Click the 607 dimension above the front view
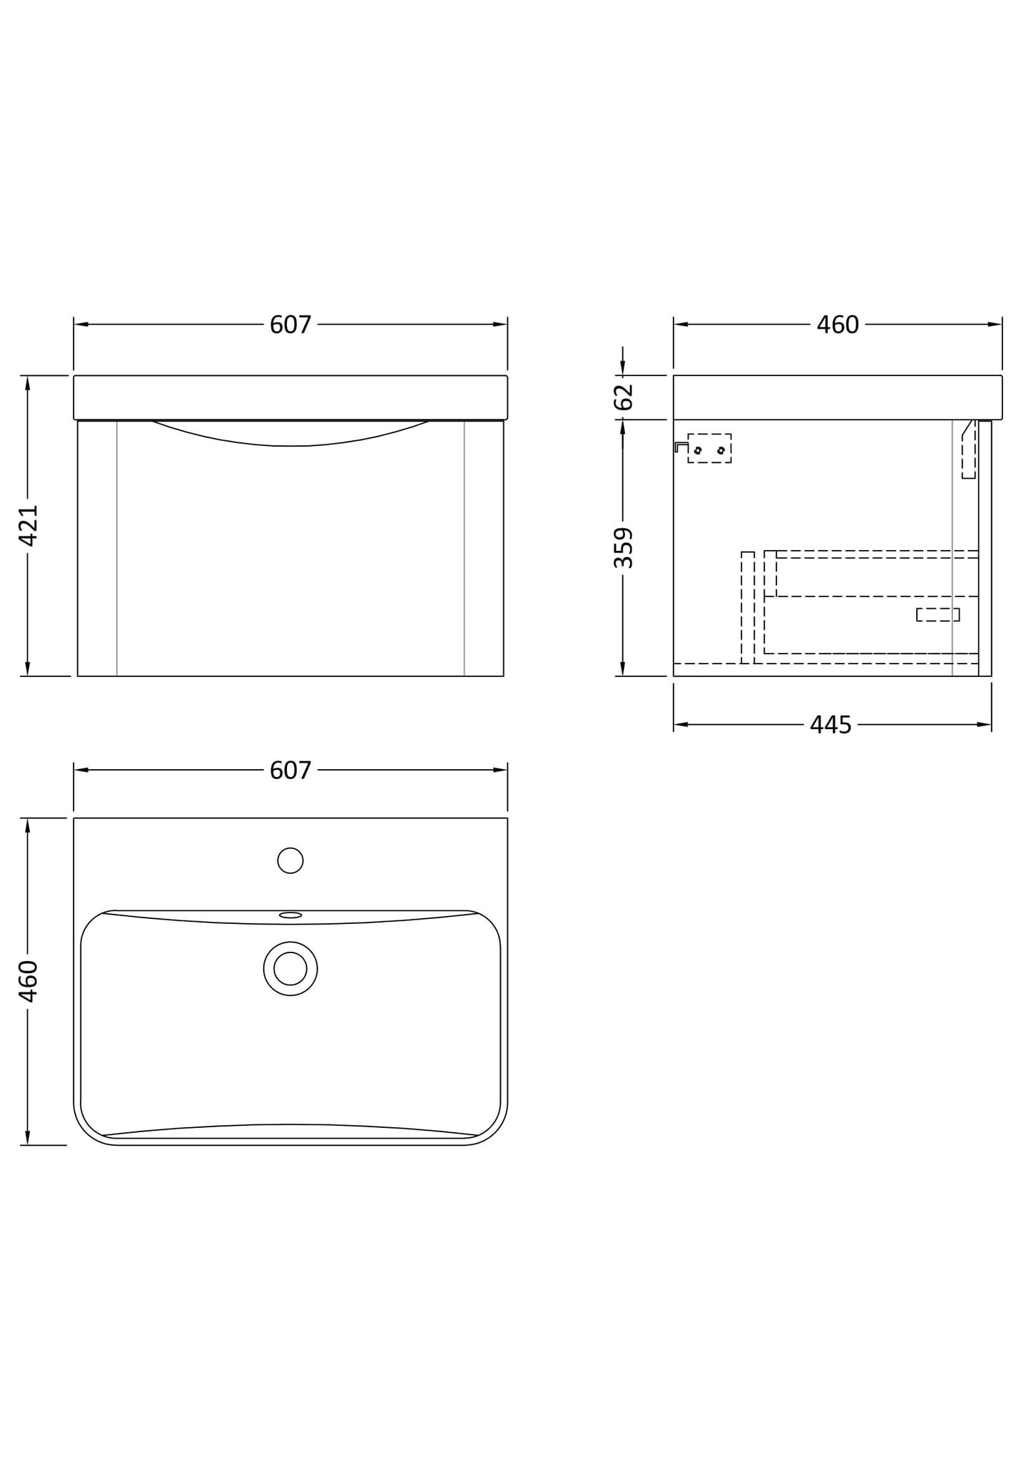pos(290,325)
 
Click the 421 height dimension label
pos(29,525)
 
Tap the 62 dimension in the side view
pos(624,397)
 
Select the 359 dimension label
pos(624,547)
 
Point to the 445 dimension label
pos(831,726)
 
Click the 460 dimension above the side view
pos(838,325)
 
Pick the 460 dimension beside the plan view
pos(29,981)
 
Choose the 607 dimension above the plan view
pos(290,771)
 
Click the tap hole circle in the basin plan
pos(290,860)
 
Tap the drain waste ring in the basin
pos(290,968)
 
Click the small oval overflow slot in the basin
pos(290,915)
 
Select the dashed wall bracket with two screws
pos(709,449)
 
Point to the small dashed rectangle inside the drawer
pos(938,614)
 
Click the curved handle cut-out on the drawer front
pos(290,435)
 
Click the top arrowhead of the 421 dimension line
pos(28,382)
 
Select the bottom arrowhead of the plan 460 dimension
pos(28,1138)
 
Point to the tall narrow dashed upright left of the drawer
pos(748,606)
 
